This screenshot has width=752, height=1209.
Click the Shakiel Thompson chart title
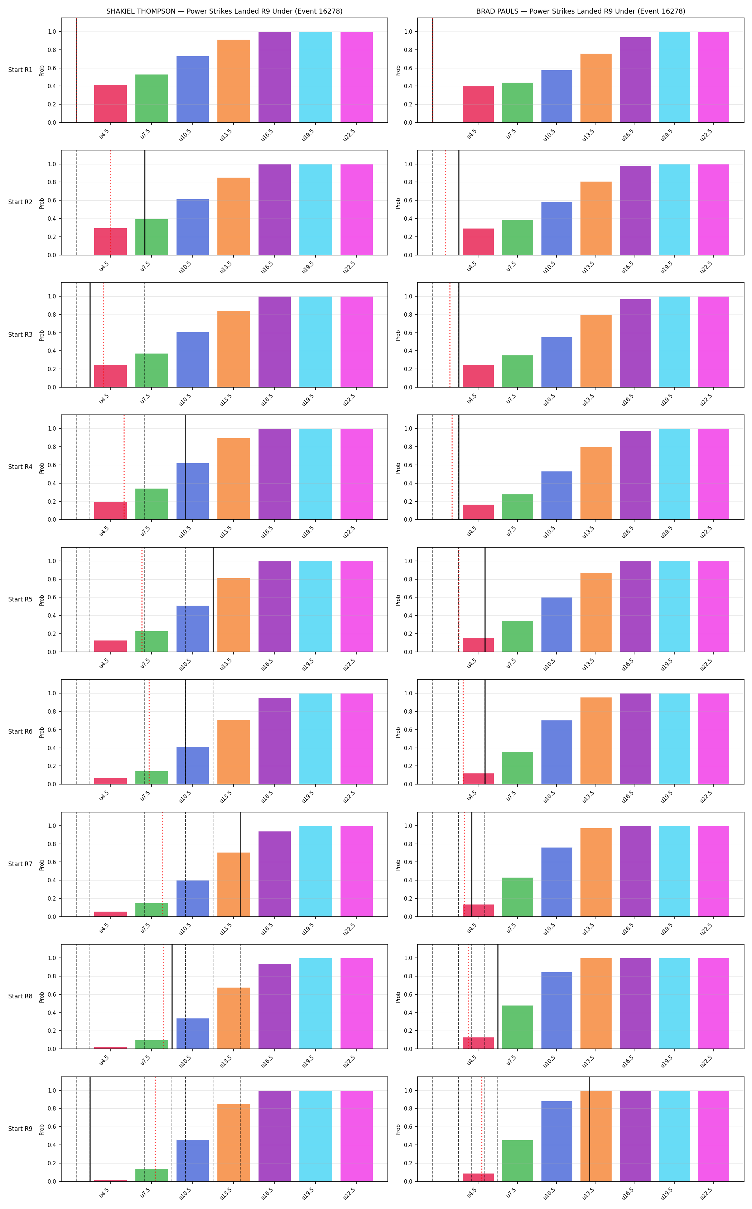tap(224, 11)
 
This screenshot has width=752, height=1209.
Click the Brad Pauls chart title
tap(580, 11)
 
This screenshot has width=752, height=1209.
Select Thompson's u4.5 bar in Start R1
tap(110, 104)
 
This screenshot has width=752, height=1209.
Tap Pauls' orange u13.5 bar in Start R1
tap(596, 88)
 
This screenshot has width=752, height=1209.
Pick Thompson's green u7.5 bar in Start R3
tap(152, 370)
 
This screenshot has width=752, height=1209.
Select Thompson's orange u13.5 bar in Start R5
tap(234, 615)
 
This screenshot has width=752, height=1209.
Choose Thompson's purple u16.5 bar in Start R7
tap(275, 874)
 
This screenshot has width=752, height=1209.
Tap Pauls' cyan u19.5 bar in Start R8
tap(674, 1003)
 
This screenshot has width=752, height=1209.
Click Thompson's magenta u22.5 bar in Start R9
tap(357, 1136)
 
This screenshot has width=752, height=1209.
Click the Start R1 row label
tap(20, 69)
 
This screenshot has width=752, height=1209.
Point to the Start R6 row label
tap(20, 731)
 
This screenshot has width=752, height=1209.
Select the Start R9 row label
tap(20, 1128)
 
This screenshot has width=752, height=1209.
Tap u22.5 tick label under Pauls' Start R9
tap(706, 1194)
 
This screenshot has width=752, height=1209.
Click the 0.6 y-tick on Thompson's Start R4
tap(52, 465)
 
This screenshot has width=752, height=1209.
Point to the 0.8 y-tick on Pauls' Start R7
tap(408, 844)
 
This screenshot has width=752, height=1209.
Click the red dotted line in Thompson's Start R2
tap(110, 202)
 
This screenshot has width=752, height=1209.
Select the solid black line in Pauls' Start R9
tap(589, 1129)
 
